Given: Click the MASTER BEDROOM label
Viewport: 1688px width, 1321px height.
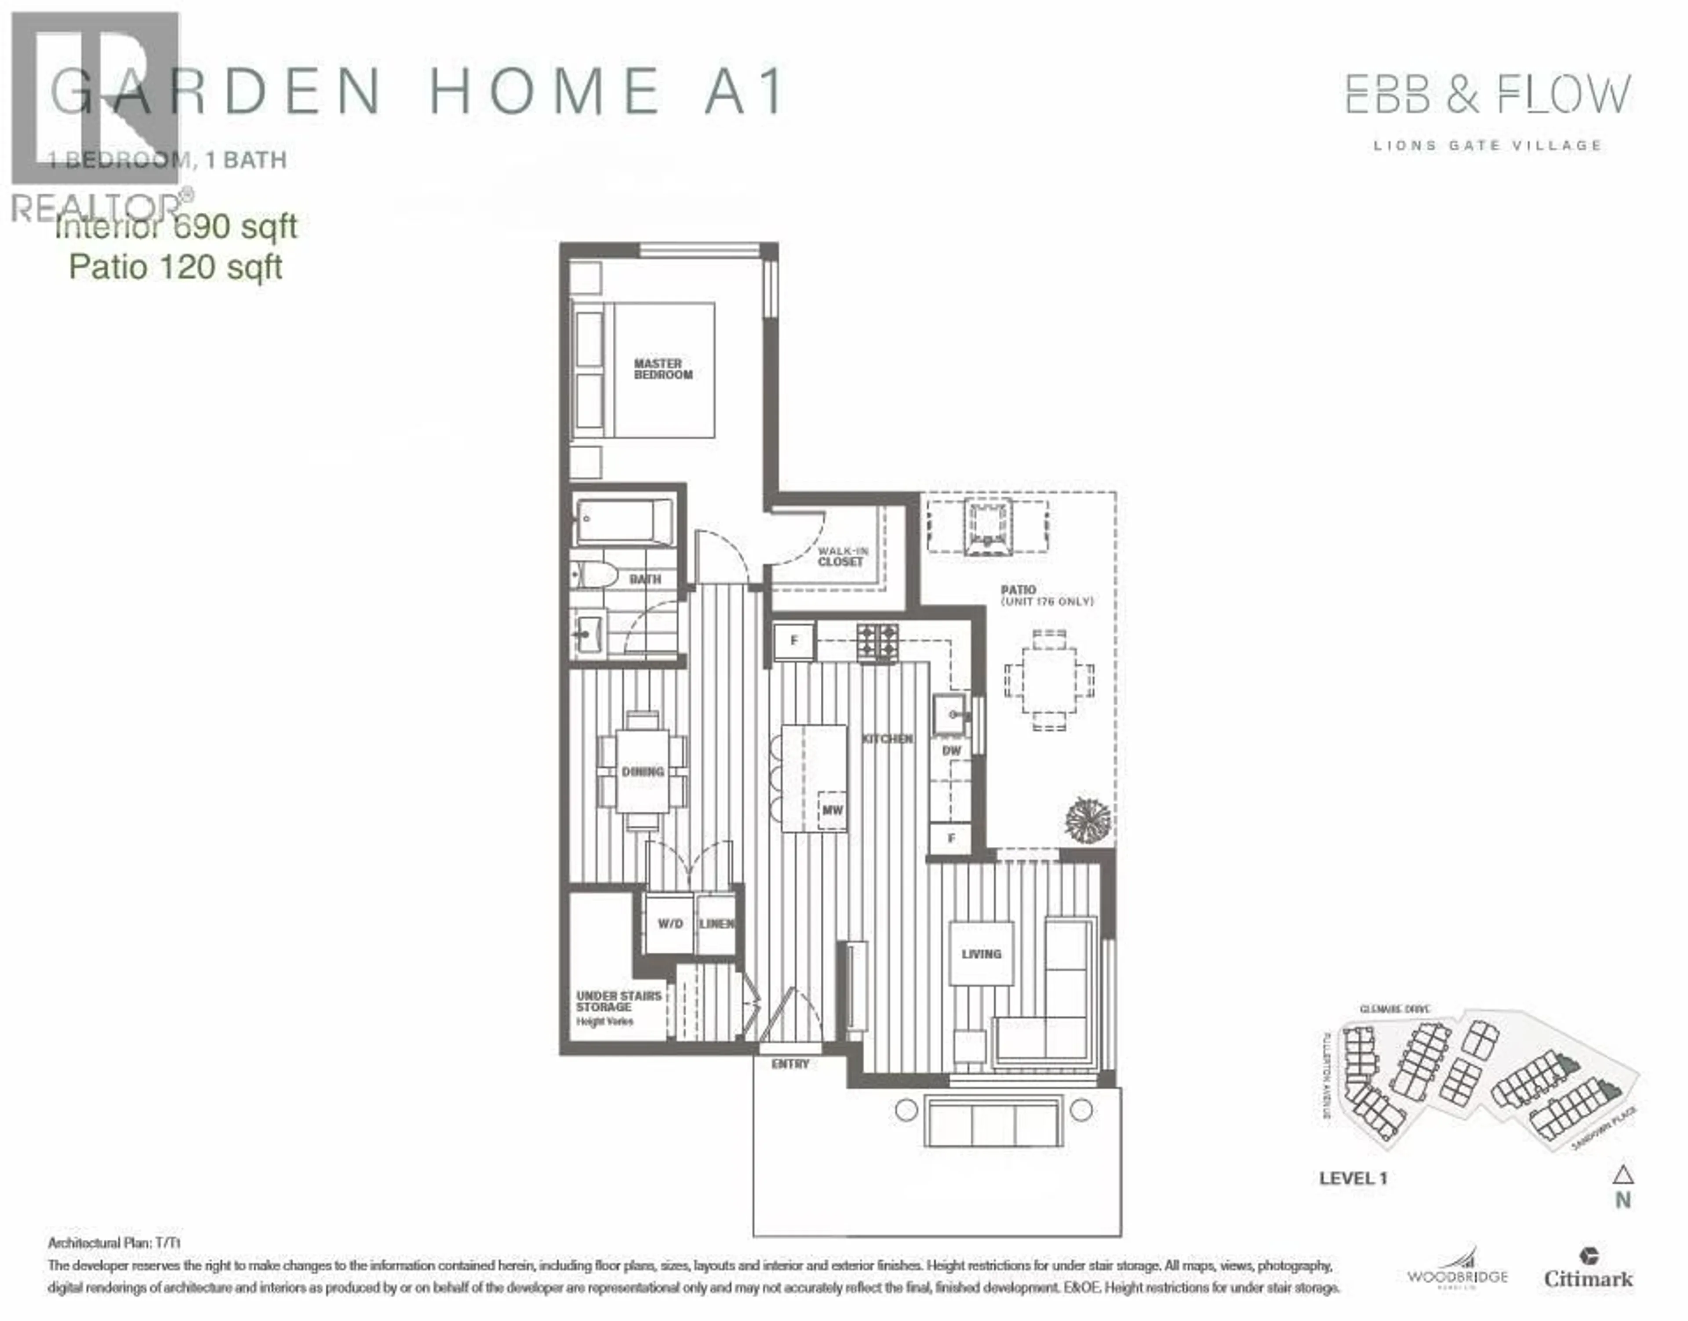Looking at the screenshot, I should click(x=663, y=369).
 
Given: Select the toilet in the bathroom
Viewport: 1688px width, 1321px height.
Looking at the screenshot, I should click(x=596, y=575).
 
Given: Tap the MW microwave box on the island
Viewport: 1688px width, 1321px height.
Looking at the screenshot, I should click(x=832, y=810).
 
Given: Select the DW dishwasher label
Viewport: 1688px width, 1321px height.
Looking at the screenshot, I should click(x=951, y=750).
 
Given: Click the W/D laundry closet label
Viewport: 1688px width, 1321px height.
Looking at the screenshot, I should click(x=670, y=923).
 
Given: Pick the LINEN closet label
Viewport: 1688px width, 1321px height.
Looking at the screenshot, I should click(x=717, y=923).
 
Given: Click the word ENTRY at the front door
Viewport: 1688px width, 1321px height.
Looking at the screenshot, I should click(x=790, y=1064).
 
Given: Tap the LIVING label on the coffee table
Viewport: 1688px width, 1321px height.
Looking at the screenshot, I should click(x=981, y=954).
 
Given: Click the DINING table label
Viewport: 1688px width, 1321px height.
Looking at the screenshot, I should click(x=643, y=771).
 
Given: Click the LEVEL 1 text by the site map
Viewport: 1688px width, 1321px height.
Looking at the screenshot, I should click(x=1353, y=1178).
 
